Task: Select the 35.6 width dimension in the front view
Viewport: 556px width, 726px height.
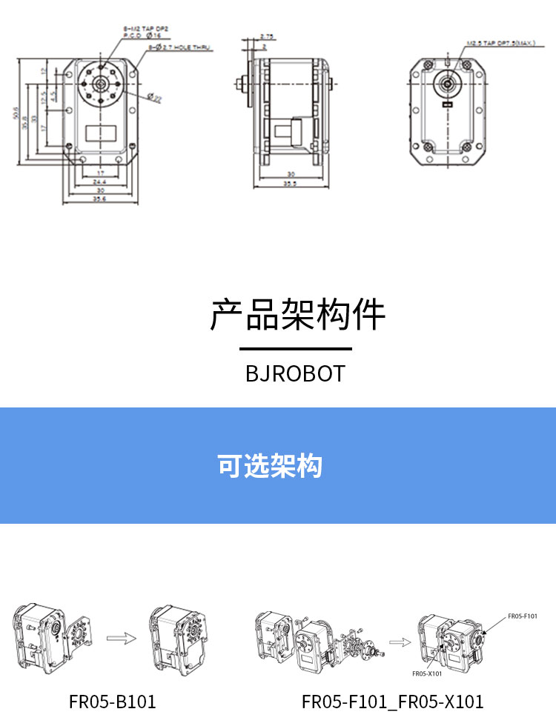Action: click(x=99, y=199)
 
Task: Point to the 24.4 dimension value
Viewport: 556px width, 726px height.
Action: click(x=99, y=181)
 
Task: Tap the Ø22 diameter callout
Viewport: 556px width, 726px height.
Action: click(x=155, y=97)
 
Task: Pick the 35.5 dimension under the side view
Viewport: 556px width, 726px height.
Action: click(x=291, y=184)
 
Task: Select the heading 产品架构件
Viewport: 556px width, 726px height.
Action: click(x=297, y=315)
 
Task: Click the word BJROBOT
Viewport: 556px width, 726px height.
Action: click(x=295, y=373)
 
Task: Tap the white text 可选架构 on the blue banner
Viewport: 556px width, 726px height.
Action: click(x=270, y=467)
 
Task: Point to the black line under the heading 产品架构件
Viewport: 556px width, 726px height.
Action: click(x=295, y=348)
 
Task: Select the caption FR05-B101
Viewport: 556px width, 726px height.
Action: click(x=113, y=701)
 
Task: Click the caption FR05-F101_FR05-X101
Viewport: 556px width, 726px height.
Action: click(x=392, y=701)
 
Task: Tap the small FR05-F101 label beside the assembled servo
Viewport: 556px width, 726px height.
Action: click(x=522, y=616)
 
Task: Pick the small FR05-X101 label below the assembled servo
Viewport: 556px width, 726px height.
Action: click(x=426, y=673)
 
